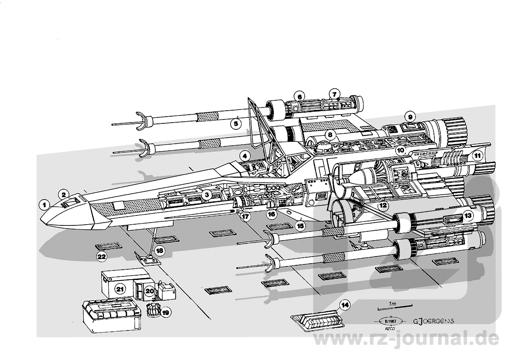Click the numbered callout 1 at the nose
[45, 205]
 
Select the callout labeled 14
[345, 305]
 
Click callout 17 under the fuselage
[245, 217]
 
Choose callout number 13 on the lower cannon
[467, 216]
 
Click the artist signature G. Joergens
[433, 321]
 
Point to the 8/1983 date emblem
[386, 321]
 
